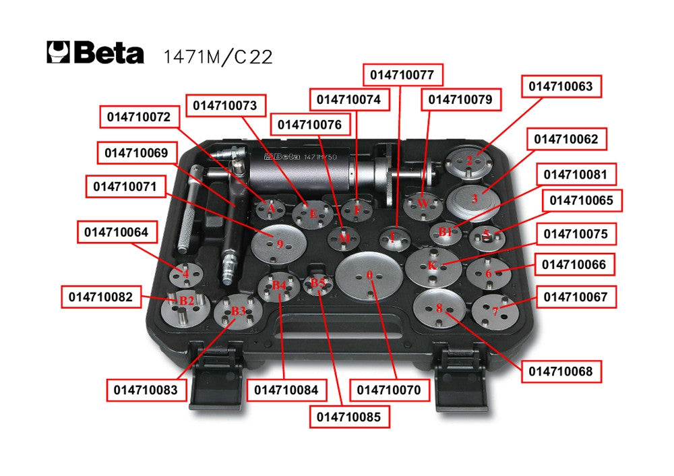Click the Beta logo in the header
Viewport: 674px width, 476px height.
(x=95, y=53)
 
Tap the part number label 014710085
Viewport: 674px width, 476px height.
(x=348, y=417)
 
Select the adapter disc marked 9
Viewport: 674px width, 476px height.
(x=279, y=243)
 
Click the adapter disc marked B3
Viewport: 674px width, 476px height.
(x=237, y=312)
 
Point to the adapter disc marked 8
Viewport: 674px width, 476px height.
(x=439, y=308)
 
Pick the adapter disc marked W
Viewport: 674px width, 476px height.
(x=423, y=204)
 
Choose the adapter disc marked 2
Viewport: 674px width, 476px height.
(x=469, y=160)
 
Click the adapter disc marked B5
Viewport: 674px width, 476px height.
(x=317, y=283)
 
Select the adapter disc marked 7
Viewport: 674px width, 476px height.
(x=495, y=311)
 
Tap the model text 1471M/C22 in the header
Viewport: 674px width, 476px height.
(x=218, y=56)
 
